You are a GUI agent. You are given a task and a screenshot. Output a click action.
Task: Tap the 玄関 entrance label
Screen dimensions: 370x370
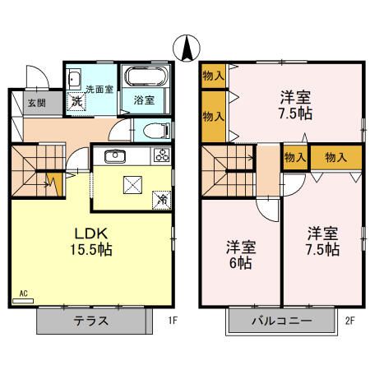35,103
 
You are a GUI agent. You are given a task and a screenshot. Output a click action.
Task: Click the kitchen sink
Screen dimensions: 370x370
112,157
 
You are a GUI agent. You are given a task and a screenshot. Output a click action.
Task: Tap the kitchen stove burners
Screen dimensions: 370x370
160,156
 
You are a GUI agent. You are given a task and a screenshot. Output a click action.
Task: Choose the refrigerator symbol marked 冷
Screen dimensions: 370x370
162,198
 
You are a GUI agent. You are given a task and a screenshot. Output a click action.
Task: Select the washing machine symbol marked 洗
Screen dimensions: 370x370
76,101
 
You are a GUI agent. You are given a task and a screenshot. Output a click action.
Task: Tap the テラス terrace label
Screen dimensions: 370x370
92,321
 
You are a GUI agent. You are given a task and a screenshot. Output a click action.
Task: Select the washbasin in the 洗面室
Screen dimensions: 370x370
72,80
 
